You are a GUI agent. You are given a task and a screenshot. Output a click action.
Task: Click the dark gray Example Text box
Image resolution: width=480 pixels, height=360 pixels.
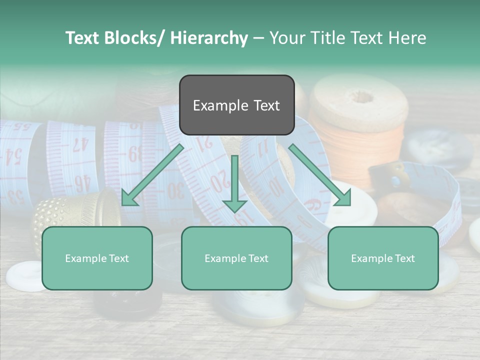point(236,105)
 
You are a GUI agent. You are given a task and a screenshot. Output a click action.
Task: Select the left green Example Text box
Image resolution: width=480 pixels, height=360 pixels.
point(97,258)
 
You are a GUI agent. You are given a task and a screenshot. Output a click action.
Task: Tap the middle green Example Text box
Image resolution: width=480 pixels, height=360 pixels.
point(236,258)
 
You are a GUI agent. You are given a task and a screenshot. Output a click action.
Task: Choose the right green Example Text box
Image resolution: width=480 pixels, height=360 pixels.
point(383,258)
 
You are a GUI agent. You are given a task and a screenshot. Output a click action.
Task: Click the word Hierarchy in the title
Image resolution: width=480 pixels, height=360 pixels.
point(209,38)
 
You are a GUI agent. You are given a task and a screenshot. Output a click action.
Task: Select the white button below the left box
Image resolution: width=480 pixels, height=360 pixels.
point(26,275)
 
